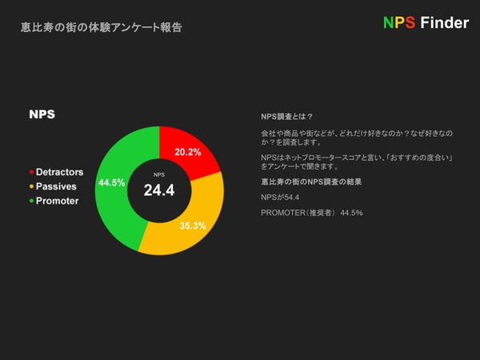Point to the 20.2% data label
click(x=188, y=152)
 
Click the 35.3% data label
click(x=193, y=226)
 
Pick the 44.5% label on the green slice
click(x=112, y=182)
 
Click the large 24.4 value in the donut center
click(x=159, y=190)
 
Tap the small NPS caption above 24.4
click(x=159, y=174)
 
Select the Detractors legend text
click(x=60, y=172)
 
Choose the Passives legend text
click(x=56, y=186)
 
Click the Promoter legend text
click(x=58, y=201)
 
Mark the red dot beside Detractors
click(x=31, y=172)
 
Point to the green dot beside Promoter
click(x=31, y=201)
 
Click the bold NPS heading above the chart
click(x=42, y=114)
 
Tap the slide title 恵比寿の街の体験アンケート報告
click(x=102, y=27)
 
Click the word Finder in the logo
click(x=445, y=22)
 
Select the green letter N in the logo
click(x=389, y=22)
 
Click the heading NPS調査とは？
click(x=287, y=117)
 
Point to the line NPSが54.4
click(x=280, y=198)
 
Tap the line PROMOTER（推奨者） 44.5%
click(x=312, y=213)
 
